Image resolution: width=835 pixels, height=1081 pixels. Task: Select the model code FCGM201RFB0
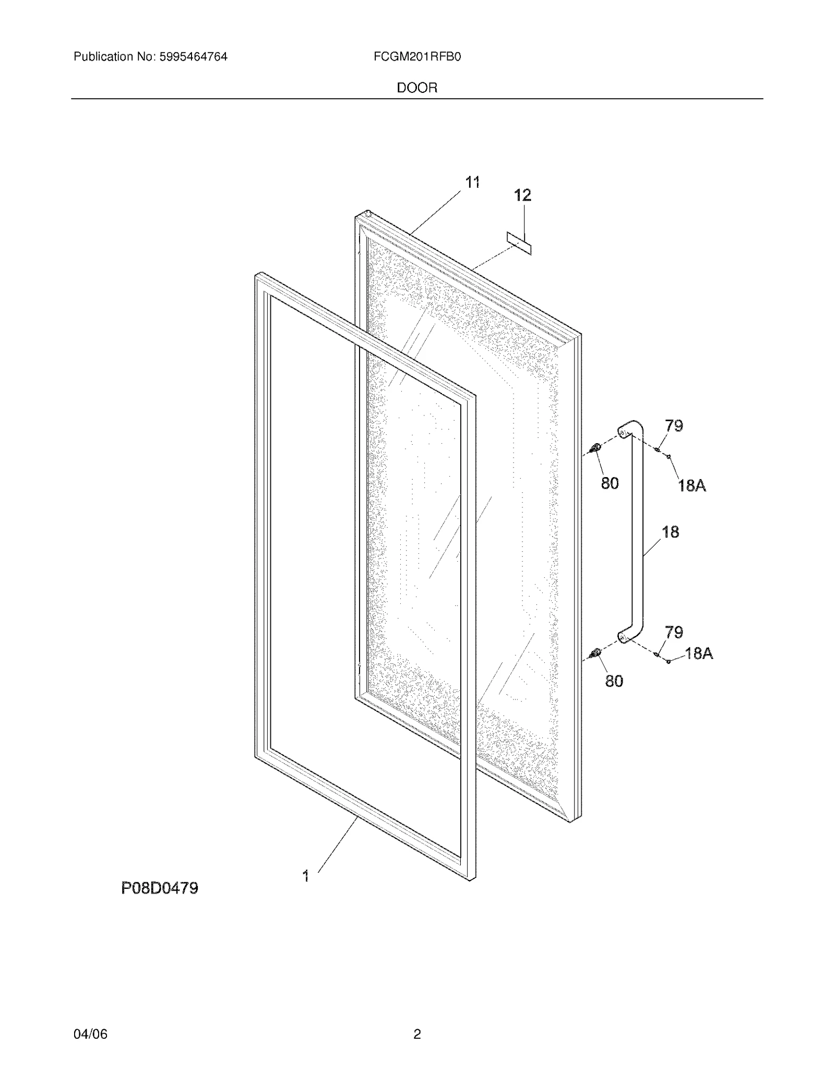pos(417,57)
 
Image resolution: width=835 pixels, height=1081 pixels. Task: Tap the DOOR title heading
pos(417,88)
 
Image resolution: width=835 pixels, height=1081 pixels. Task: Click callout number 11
pos(472,183)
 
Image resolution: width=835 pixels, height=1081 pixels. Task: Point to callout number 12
pos(522,195)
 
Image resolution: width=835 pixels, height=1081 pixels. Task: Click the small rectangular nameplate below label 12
pos(519,244)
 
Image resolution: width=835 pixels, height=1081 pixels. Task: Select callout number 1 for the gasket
pos(306,876)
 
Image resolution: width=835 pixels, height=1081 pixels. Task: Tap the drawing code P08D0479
pos(160,888)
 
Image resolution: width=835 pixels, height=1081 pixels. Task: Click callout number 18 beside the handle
pos(671,532)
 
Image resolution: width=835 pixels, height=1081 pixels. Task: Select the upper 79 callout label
pos(674,426)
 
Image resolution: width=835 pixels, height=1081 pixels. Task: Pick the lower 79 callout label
pos(674,633)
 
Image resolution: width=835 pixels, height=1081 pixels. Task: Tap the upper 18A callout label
pos(692,486)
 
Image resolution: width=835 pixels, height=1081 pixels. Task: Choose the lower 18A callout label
pos(699,654)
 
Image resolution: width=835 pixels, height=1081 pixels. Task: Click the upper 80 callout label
pos(610,484)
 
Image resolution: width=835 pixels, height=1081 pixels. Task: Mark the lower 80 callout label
pos(614,681)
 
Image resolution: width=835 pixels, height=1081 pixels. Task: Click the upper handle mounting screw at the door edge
pos(594,448)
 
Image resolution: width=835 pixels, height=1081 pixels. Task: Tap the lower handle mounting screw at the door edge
pos(594,653)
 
